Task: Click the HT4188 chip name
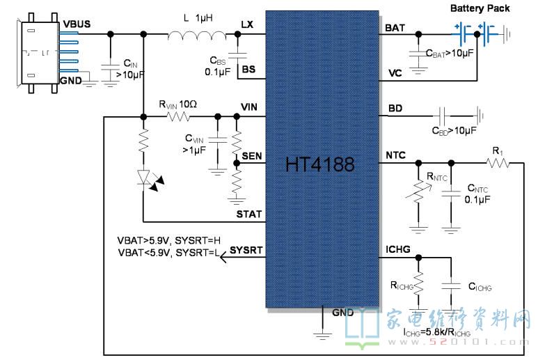point(319,166)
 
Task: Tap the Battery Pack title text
point(480,8)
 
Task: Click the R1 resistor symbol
point(497,163)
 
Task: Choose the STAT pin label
point(249,214)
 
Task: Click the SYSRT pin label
point(246,249)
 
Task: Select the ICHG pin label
point(398,248)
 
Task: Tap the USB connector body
point(35,54)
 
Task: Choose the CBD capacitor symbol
point(442,113)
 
